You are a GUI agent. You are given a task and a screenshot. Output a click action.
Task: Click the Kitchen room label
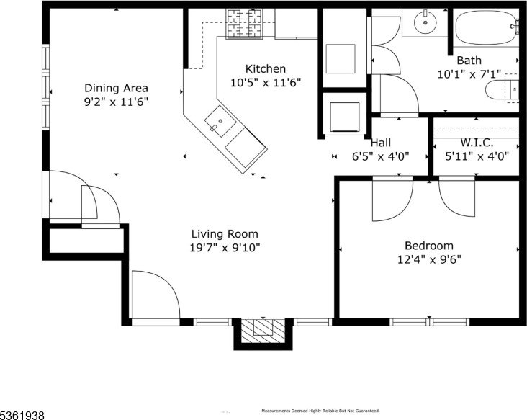(x=266, y=68)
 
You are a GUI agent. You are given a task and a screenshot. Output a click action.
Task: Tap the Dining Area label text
(x=116, y=88)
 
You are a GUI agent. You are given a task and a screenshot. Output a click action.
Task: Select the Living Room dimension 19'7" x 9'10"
(x=225, y=248)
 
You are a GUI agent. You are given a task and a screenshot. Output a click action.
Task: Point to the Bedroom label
(x=429, y=246)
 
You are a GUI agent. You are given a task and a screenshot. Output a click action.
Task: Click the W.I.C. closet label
(x=477, y=143)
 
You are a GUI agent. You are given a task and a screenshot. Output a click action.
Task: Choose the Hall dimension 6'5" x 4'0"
(x=380, y=156)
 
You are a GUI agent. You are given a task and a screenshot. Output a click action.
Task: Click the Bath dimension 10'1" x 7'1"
(x=469, y=74)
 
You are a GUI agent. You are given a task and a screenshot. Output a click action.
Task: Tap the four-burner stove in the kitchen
(x=245, y=23)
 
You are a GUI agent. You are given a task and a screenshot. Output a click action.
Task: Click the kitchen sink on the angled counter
(x=220, y=122)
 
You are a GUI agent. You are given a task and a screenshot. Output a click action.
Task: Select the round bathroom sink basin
(x=425, y=22)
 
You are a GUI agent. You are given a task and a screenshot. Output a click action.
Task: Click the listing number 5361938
(x=22, y=415)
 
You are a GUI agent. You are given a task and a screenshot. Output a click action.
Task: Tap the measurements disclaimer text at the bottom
(x=320, y=411)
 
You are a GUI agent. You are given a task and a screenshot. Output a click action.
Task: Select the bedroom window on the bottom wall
(x=430, y=322)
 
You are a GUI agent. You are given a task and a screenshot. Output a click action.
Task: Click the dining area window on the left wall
(x=45, y=86)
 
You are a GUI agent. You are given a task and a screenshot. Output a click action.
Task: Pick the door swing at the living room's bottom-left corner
(x=156, y=294)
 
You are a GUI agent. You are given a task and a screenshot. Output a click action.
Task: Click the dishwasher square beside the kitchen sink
(x=246, y=148)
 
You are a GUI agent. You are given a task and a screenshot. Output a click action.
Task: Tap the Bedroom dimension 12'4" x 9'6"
(x=429, y=259)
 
